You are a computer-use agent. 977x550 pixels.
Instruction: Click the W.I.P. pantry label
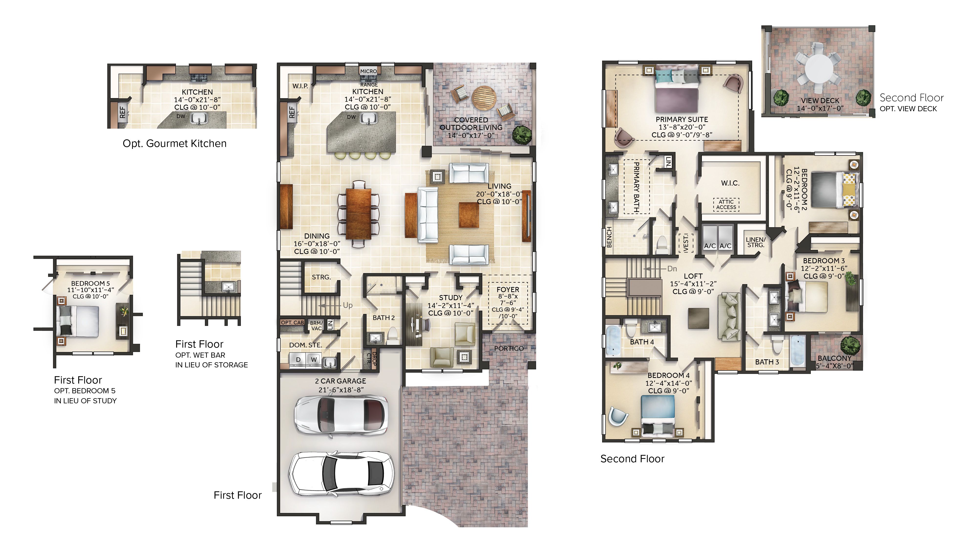click(x=300, y=86)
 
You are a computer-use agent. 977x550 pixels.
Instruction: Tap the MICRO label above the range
click(x=368, y=71)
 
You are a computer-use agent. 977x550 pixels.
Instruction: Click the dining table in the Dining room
click(x=358, y=214)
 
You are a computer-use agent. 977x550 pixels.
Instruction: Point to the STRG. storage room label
click(x=321, y=277)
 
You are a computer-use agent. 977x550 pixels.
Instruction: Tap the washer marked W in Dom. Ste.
click(x=314, y=359)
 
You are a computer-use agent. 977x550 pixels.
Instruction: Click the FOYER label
click(x=508, y=290)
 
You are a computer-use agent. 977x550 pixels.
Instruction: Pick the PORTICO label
click(x=509, y=348)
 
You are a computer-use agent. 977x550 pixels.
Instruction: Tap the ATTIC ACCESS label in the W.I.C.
click(x=726, y=205)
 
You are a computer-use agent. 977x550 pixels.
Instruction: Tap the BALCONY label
click(x=834, y=358)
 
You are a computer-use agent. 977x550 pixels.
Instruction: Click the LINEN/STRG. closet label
click(x=755, y=242)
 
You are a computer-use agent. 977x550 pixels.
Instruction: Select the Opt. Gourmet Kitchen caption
click(x=174, y=143)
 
